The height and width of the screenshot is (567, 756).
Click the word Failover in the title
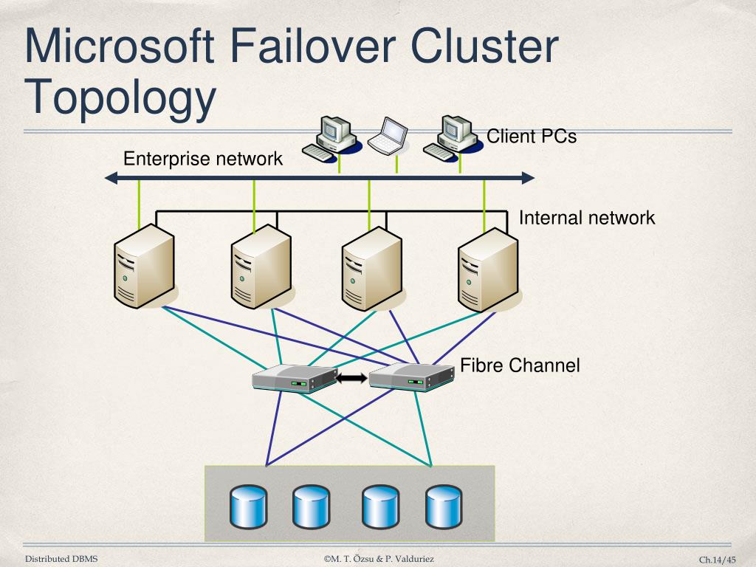pos(312,46)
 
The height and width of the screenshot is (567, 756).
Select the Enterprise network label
pos(203,159)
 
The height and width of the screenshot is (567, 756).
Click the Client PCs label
pos(532,136)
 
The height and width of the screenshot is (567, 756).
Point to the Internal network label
pos(587,218)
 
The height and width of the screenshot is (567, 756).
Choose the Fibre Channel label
pos(520,365)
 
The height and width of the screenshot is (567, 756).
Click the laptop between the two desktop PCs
pos(388,136)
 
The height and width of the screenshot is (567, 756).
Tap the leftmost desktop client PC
pos(331,138)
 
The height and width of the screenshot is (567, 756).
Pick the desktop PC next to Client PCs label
pos(453,138)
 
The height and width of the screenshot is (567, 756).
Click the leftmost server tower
pos(144,266)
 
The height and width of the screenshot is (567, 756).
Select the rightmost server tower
pos(488,269)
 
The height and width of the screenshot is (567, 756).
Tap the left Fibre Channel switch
pos(295,378)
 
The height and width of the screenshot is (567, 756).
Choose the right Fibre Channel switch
pos(412,377)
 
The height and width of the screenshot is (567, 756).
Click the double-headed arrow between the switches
pos(351,378)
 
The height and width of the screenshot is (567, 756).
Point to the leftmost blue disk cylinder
pos(248,506)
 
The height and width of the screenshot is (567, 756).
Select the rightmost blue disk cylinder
pos(444,506)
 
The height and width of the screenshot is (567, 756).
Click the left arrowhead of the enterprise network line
pos(111,179)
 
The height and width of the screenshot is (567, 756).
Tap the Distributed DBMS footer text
pos(61,558)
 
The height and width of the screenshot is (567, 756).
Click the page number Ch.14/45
pos(718,560)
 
